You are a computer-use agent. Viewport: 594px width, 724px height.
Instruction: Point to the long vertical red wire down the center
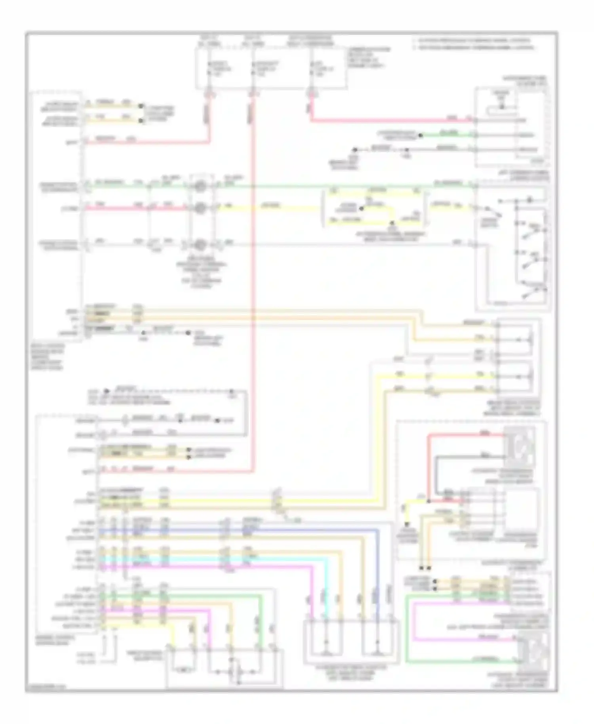251,317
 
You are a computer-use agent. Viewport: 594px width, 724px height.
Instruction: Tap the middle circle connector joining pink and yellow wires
201,208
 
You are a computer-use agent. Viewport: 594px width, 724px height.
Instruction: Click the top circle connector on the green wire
201,185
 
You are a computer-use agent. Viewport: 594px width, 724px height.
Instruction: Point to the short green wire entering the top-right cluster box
447,135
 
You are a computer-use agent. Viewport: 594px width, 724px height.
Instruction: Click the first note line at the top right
471,41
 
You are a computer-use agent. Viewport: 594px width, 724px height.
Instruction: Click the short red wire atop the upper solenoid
463,435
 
